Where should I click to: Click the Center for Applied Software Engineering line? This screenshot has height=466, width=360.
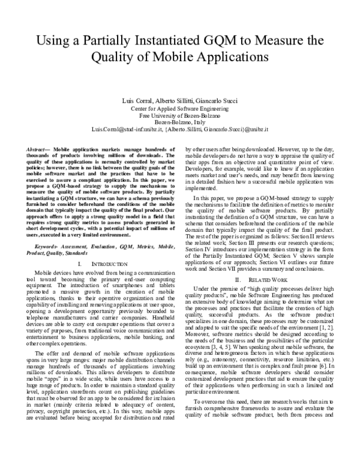tap(180, 109)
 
